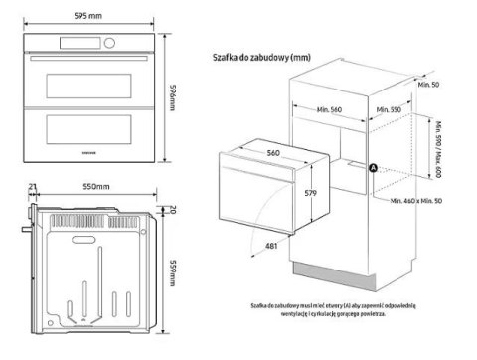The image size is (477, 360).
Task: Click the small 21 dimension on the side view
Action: [33, 187]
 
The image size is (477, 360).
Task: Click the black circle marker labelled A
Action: [374, 169]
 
